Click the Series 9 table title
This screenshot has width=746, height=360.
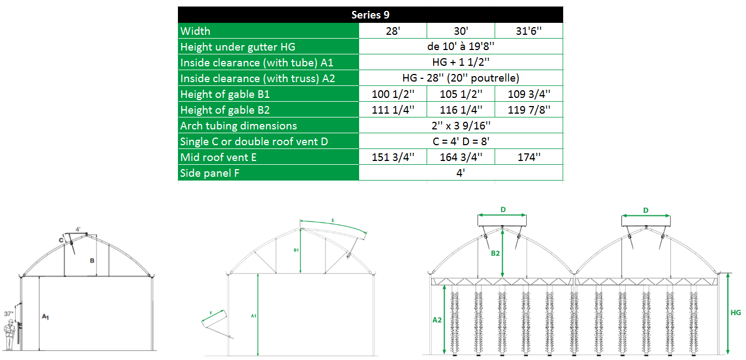click(x=370, y=15)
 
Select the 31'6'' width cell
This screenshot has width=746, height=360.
click(x=528, y=31)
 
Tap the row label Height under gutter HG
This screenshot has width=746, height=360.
click(x=238, y=47)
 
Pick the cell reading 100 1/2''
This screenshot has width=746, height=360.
click(x=393, y=94)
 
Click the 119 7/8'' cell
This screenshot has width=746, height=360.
click(x=529, y=110)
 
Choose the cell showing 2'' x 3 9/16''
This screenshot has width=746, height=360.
click(x=461, y=126)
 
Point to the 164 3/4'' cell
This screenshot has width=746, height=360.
click(x=461, y=157)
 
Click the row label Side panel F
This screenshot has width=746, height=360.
click(x=210, y=173)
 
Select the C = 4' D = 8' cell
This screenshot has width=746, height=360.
click(x=461, y=141)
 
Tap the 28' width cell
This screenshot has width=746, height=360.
click(x=393, y=31)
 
